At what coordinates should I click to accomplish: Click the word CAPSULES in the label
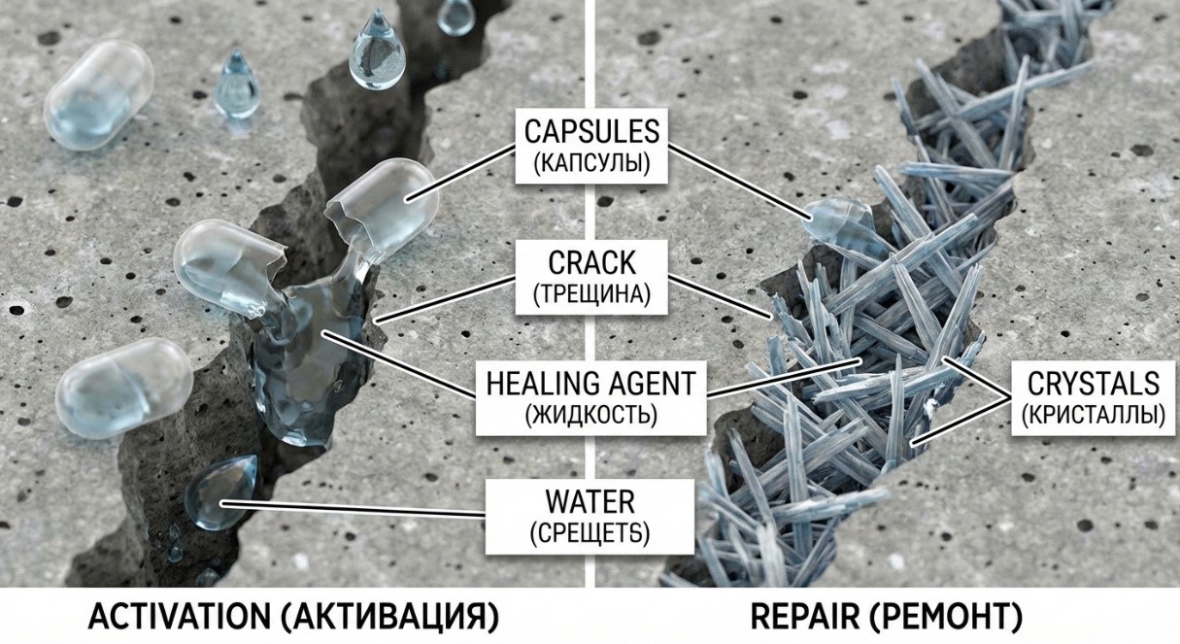(590, 130)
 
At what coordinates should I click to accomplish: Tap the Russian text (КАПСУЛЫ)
(590, 163)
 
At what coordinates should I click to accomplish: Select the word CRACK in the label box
(590, 263)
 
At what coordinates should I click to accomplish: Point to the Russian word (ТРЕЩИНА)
(590, 294)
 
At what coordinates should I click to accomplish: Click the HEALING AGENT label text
(590, 383)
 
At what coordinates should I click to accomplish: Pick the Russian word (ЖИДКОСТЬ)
(590, 415)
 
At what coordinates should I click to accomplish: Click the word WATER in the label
(590, 502)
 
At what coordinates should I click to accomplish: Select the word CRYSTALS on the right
(1093, 383)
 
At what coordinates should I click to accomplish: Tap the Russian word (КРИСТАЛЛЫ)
(1093, 415)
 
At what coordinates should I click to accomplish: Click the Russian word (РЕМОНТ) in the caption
(940, 617)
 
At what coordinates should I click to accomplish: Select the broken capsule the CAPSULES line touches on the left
(381, 202)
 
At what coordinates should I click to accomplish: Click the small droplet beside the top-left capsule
(236, 85)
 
